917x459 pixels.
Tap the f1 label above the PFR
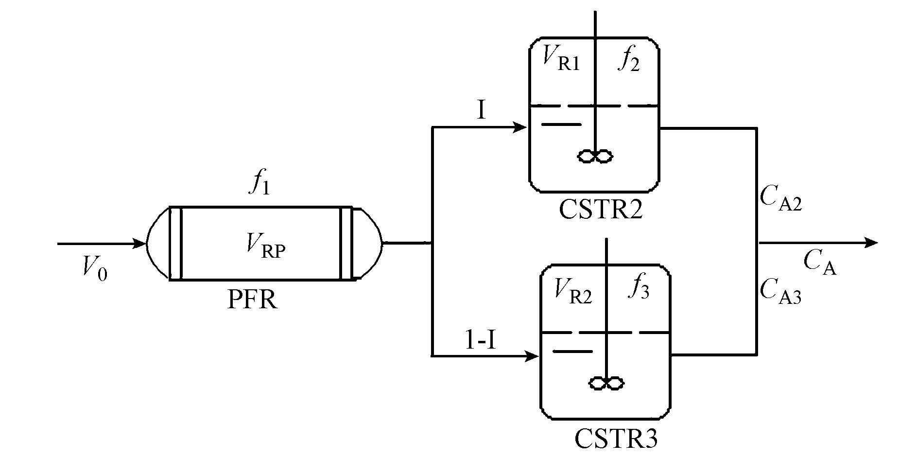tap(260, 184)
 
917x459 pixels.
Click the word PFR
tap(252, 300)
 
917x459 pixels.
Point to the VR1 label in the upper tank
tap(561, 61)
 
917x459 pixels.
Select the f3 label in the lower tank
tap(639, 289)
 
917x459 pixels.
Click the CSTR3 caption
tap(616, 439)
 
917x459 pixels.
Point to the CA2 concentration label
tap(780, 199)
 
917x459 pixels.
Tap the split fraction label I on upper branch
tap(481, 111)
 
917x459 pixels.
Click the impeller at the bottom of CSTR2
tap(595, 156)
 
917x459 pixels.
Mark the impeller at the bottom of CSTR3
tap(606, 383)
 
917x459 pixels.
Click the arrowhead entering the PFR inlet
tap(140, 243)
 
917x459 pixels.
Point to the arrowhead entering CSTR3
tap(533, 356)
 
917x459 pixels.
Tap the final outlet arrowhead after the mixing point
tap(872, 243)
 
